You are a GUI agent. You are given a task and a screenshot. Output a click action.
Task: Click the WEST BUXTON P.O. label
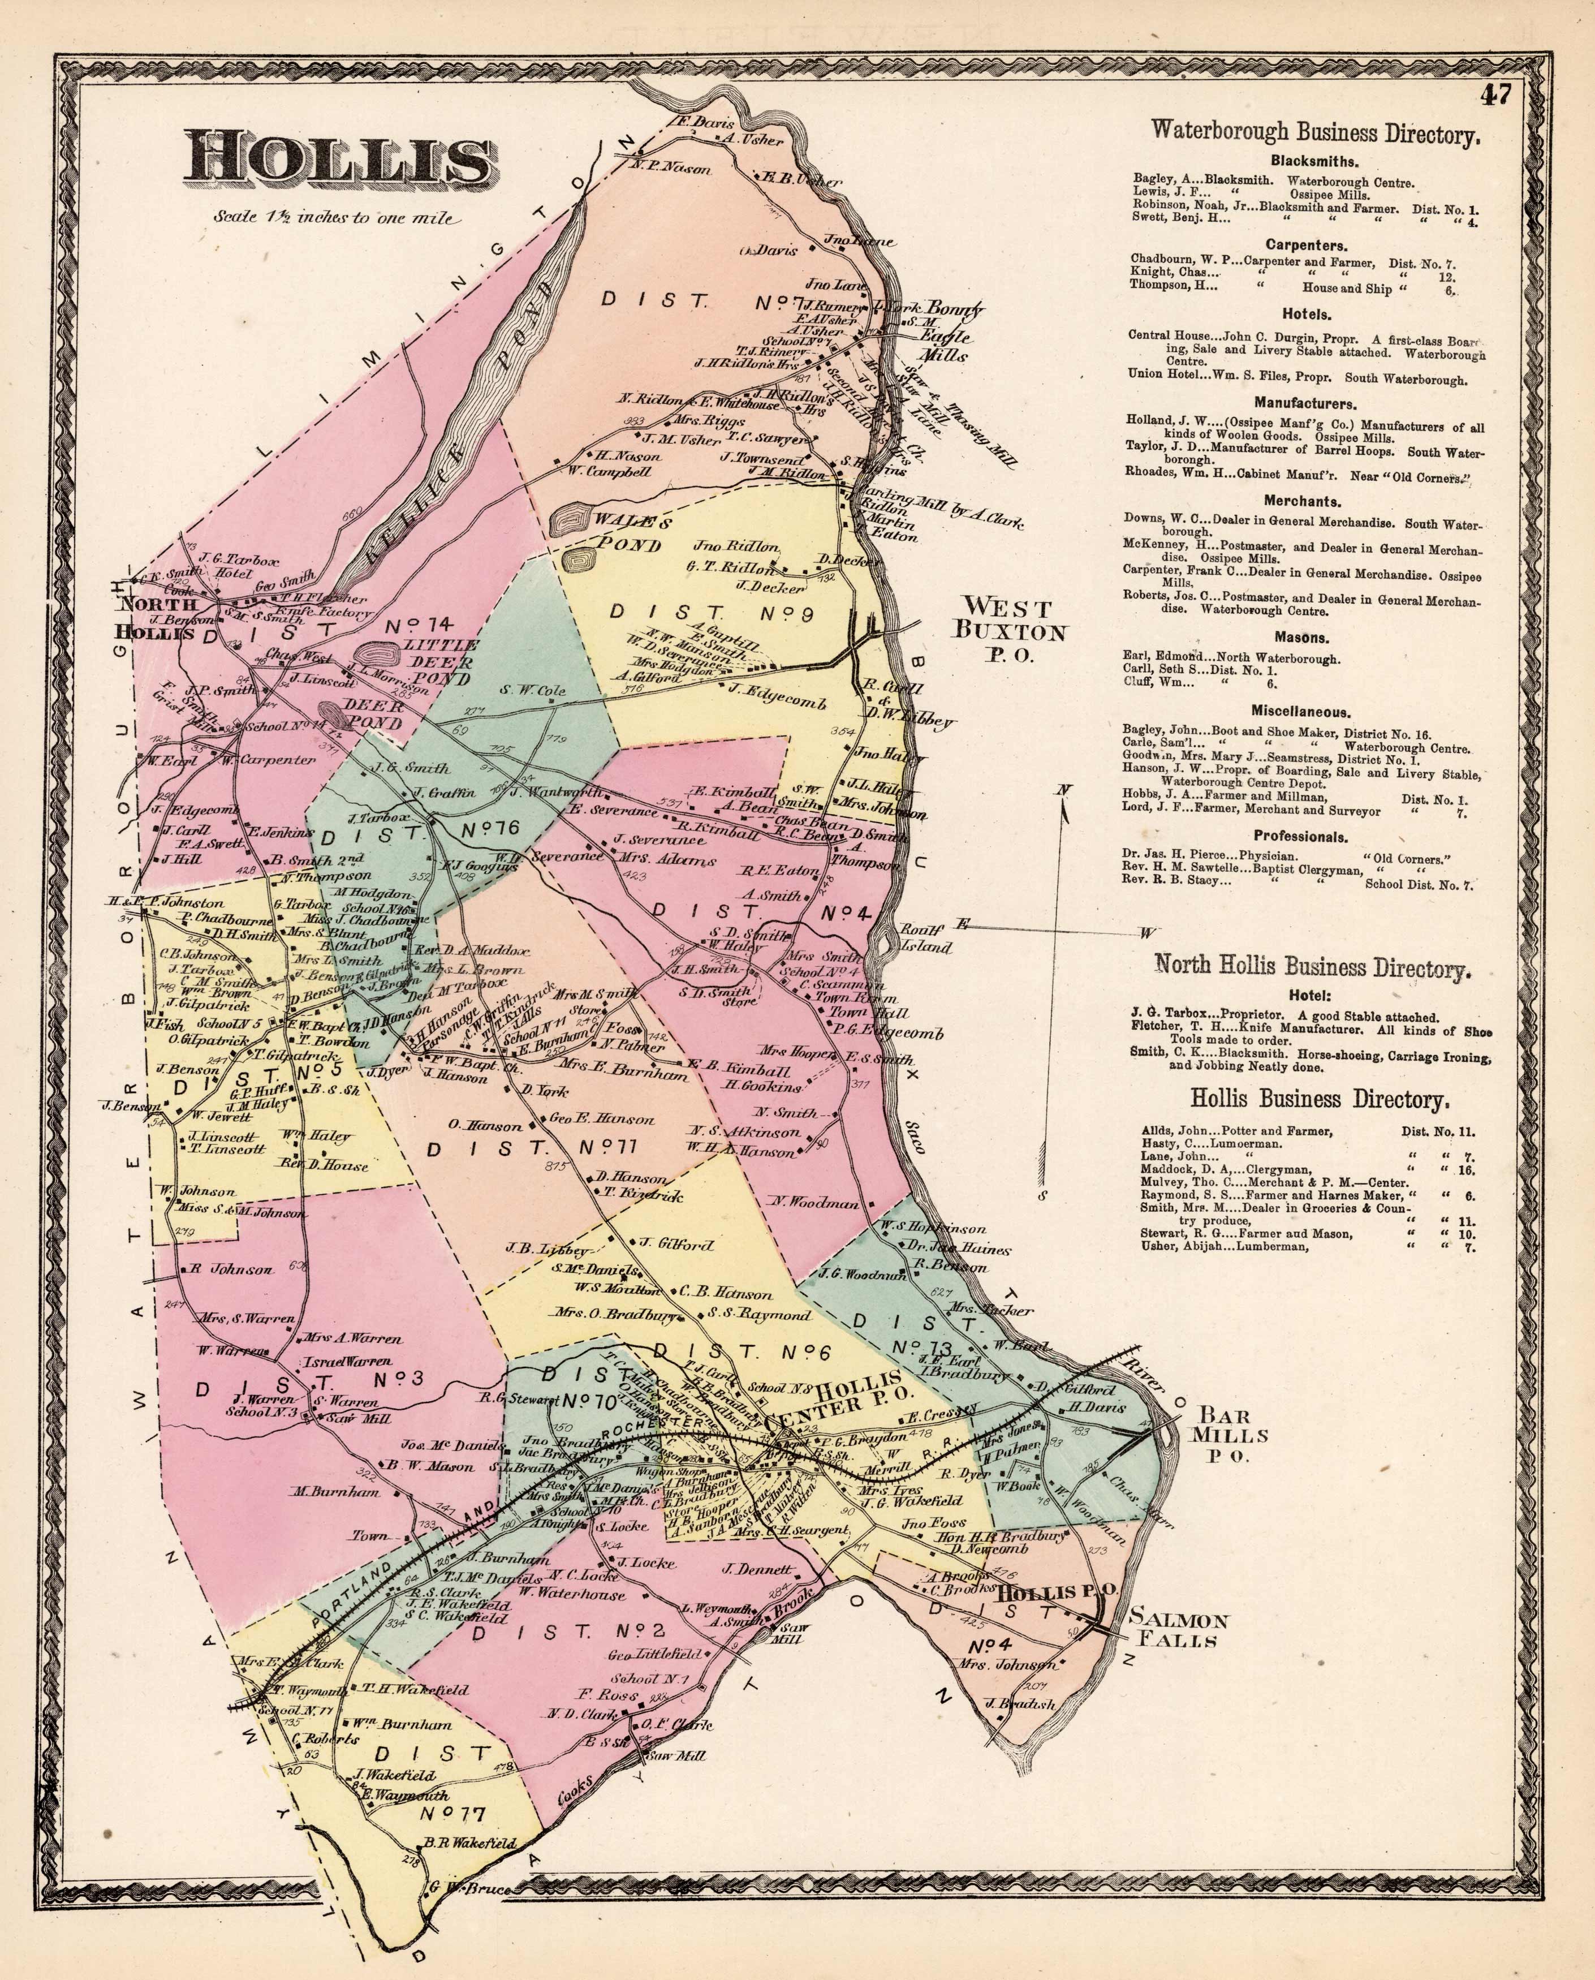pos(1014,630)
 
